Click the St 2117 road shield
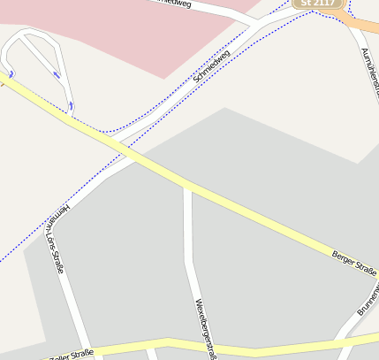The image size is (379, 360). click(317, 4)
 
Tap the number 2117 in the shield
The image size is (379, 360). click(322, 4)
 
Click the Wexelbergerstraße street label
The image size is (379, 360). click(205, 327)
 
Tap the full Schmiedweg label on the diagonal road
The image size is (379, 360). click(211, 67)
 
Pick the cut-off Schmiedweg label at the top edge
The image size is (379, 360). click(172, 4)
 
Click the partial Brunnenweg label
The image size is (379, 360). click(368, 301)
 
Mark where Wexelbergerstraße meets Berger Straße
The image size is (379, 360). click(186, 186)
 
